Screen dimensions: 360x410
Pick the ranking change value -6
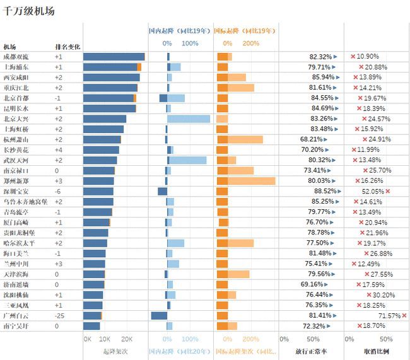tap(57, 191)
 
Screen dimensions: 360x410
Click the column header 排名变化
tap(67, 47)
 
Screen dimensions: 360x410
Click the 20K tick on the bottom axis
tap(126, 339)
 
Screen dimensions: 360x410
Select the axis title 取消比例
tap(377, 351)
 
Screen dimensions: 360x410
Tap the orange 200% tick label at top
tap(250, 44)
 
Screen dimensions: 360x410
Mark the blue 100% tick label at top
tap(190, 44)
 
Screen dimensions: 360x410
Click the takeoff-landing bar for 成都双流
tap(114, 57)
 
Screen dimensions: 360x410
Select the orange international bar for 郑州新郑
tap(246, 181)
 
